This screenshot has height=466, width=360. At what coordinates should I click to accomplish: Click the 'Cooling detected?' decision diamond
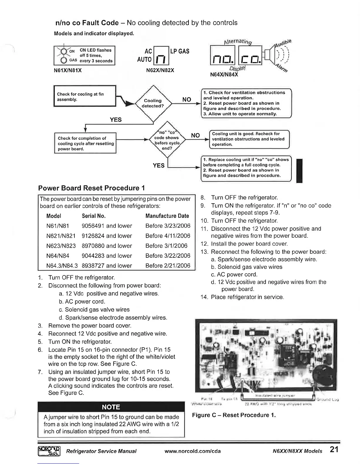click(153, 103)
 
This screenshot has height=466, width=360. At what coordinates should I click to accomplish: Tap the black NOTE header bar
click(111, 407)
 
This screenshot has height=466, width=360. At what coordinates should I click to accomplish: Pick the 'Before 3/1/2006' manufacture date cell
click(166, 246)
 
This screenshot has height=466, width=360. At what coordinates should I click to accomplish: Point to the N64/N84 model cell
click(58, 256)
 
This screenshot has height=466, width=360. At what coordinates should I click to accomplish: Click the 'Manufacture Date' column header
click(167, 216)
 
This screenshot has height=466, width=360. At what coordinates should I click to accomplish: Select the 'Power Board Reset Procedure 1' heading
click(91, 188)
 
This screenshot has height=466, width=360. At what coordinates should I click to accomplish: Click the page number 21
click(334, 450)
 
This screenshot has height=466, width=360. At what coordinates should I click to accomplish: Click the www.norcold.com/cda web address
click(193, 451)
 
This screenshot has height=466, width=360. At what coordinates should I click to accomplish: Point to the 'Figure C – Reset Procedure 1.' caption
click(234, 415)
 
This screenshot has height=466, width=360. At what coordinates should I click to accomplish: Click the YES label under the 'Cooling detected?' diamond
click(116, 119)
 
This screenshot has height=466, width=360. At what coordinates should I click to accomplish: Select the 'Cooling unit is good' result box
click(249, 139)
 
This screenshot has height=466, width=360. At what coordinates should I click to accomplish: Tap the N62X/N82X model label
click(160, 70)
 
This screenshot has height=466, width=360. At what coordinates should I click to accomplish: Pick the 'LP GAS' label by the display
click(180, 51)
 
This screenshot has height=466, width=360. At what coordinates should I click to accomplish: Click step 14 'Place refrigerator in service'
click(242, 297)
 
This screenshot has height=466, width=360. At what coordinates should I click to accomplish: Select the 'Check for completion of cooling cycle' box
click(85, 143)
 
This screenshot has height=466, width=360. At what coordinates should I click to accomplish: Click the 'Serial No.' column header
click(94, 216)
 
